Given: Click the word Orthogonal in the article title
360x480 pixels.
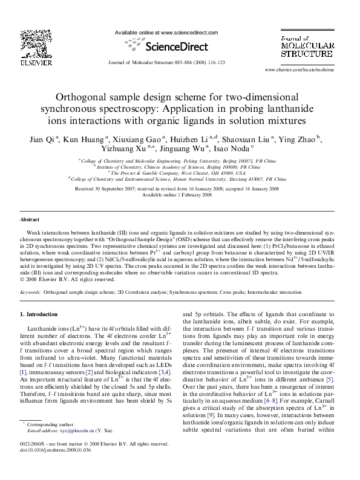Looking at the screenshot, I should click(x=85, y=96).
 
